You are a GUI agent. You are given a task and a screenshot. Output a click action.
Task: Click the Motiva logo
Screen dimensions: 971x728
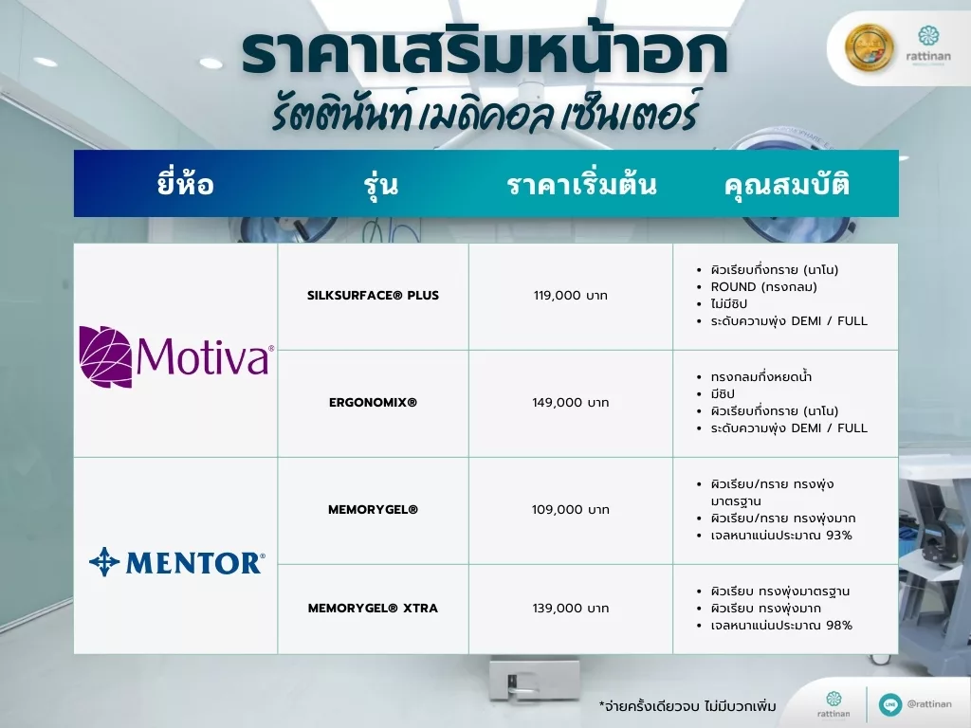tap(176, 356)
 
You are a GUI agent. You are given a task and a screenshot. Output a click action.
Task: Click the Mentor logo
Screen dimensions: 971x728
tap(177, 562)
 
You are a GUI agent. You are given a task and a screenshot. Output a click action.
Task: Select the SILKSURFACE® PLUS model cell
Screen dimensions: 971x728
tap(373, 296)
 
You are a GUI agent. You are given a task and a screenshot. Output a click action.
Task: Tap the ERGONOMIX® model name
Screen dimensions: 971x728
tap(373, 402)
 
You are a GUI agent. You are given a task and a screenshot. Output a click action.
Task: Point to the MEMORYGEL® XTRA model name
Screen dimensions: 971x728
tap(373, 608)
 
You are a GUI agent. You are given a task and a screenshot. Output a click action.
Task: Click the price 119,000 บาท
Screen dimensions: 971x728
tap(570, 296)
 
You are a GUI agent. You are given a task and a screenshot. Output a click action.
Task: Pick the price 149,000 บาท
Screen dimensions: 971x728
tap(570, 402)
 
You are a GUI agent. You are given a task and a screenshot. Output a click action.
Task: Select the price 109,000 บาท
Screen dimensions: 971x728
tap(570, 509)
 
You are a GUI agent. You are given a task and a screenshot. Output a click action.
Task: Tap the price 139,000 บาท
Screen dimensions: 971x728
tap(570, 608)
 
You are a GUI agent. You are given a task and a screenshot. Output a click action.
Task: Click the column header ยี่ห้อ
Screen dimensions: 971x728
tap(185, 184)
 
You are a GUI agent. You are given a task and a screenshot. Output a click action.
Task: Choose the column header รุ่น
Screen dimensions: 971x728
tap(381, 185)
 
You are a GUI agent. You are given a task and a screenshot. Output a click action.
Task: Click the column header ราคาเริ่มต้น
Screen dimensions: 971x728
tap(581, 185)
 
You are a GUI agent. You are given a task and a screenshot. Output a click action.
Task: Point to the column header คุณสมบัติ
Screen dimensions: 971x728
tap(786, 184)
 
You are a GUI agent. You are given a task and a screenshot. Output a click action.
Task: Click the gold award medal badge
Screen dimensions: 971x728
tap(869, 47)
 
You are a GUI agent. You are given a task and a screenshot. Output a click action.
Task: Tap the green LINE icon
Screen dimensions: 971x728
tap(889, 704)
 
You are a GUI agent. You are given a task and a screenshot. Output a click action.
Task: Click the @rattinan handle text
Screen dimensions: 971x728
tap(929, 704)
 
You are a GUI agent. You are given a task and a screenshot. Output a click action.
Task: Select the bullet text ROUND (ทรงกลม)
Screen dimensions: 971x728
tap(763, 286)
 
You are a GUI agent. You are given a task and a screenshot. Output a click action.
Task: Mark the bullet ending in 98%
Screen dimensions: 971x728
tap(781, 626)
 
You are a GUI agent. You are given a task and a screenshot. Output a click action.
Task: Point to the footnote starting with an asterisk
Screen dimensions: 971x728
tap(687, 705)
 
